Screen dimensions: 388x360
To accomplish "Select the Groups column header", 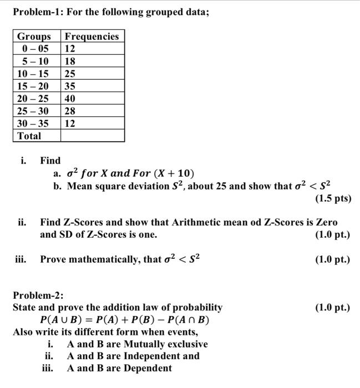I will tap(34, 37).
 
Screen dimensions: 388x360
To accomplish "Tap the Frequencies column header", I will tap(92, 37).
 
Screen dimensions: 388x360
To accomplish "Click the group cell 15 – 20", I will tap(33, 86).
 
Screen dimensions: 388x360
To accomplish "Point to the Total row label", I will tap(29, 136).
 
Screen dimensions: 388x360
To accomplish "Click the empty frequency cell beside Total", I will tap(92, 136).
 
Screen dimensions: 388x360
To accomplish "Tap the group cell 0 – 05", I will tap(33, 49).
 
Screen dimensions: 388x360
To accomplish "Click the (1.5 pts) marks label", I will tap(332, 198).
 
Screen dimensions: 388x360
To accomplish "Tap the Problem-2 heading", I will tap(38, 295).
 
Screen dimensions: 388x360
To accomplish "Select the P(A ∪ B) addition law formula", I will tap(125, 320).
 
